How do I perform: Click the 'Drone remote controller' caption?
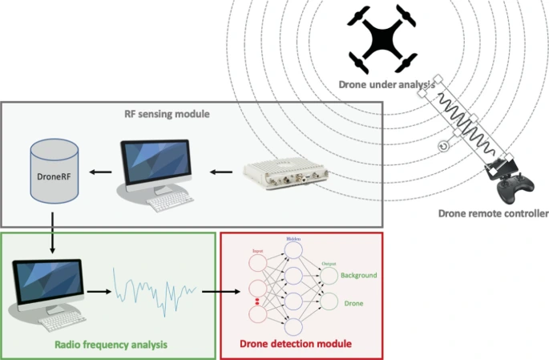pyautogui.click(x=493, y=213)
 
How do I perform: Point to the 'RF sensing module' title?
pyautogui.click(x=167, y=115)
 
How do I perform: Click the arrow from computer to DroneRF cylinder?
pyautogui.click(x=99, y=172)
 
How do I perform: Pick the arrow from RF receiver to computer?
pyautogui.click(x=220, y=172)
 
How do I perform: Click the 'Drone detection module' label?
pyautogui.click(x=296, y=345)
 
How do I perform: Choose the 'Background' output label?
pyautogui.click(x=357, y=275)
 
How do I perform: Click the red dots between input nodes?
pyautogui.click(x=256, y=302)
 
